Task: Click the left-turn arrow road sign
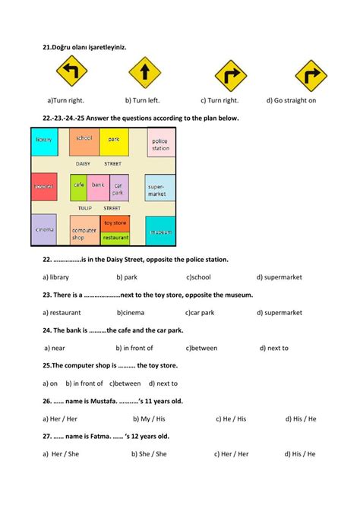coord(72,74)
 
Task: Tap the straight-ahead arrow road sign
coord(144,74)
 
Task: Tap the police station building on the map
coord(160,144)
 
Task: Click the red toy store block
coord(115,223)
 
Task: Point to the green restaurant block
coord(115,238)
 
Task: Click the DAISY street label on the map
coord(84,164)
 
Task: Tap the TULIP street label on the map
coord(84,207)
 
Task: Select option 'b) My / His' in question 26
coord(151,418)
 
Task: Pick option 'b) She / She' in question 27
coord(151,454)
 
